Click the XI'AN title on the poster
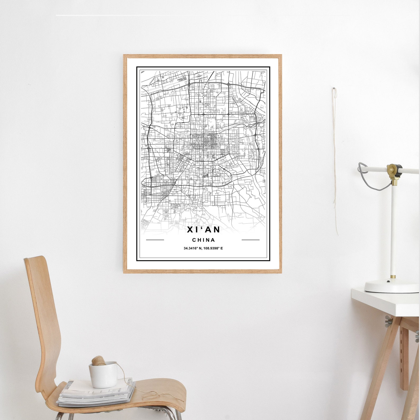click(x=203, y=230)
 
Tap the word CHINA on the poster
click(x=203, y=240)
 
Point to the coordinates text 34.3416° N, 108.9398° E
click(x=203, y=248)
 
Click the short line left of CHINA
click(x=155, y=240)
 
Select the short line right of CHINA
click(x=250, y=240)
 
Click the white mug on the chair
click(x=103, y=375)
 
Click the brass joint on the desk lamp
click(x=394, y=169)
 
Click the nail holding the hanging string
click(x=334, y=88)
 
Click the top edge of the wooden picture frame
click(x=202, y=56)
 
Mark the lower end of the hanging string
click(x=337, y=234)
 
